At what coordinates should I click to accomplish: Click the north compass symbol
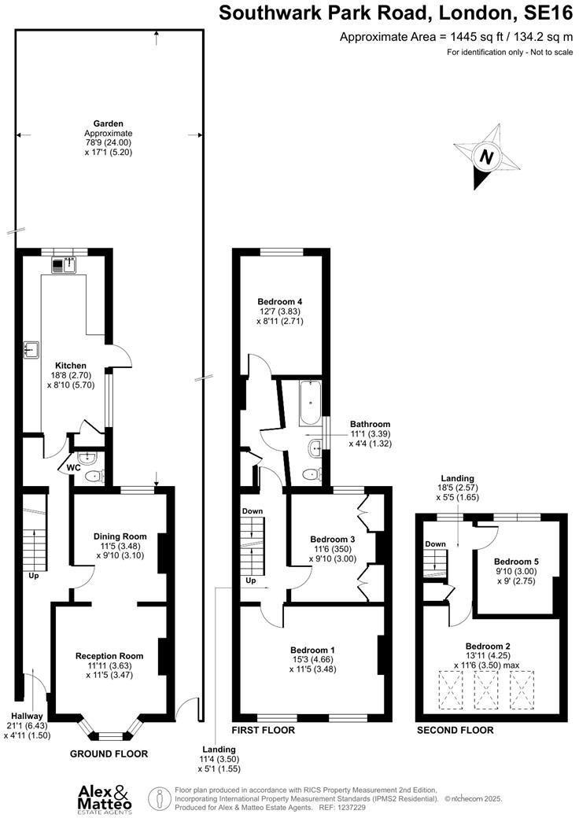pos(487,157)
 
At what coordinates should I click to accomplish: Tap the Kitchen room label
pos(70,366)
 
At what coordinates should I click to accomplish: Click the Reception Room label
pos(109,656)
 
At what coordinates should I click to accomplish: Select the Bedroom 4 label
pos(280,301)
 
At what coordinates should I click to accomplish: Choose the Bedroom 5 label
pos(515,562)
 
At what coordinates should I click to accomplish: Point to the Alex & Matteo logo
pos(105,797)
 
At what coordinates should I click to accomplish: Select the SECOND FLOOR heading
pos(455,730)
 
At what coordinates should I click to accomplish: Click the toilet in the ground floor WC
pos(94,475)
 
